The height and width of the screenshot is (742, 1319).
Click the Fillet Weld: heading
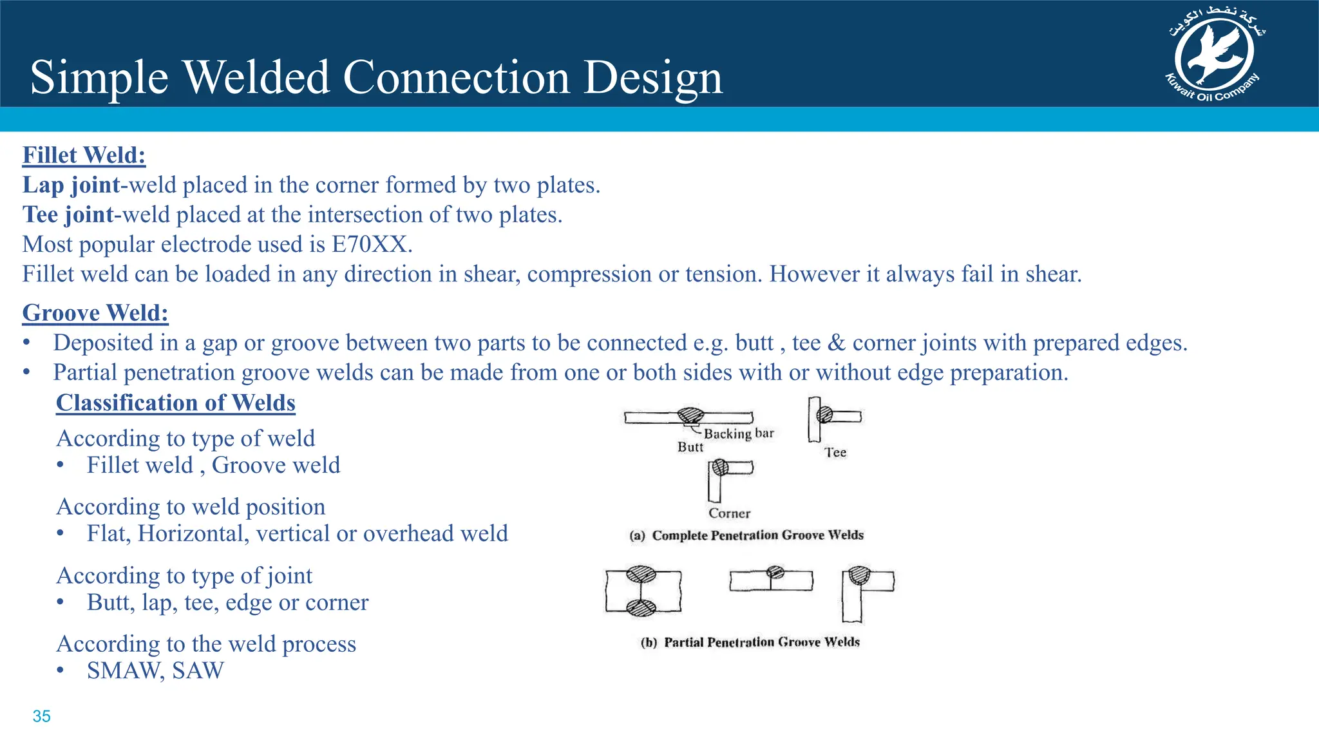click(x=84, y=155)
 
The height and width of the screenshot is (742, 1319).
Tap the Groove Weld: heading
click(x=95, y=313)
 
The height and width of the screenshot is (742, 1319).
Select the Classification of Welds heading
click(x=175, y=403)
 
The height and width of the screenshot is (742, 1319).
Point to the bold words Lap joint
click(x=71, y=185)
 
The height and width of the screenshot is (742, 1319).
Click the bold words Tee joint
click(x=68, y=215)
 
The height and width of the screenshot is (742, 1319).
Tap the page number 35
click(x=41, y=716)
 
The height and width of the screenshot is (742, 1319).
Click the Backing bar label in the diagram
click(x=738, y=433)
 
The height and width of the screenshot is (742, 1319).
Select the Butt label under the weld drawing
click(x=690, y=447)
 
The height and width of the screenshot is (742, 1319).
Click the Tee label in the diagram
click(x=835, y=453)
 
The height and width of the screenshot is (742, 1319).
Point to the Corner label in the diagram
click(x=729, y=513)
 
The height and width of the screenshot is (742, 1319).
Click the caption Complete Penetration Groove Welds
click(x=757, y=535)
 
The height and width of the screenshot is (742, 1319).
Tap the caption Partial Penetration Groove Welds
click(x=761, y=642)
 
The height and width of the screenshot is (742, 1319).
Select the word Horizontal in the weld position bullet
click(x=193, y=534)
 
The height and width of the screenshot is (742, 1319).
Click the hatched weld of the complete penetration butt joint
click(x=690, y=415)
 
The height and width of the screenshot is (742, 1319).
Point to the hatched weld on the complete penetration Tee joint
click(x=824, y=415)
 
